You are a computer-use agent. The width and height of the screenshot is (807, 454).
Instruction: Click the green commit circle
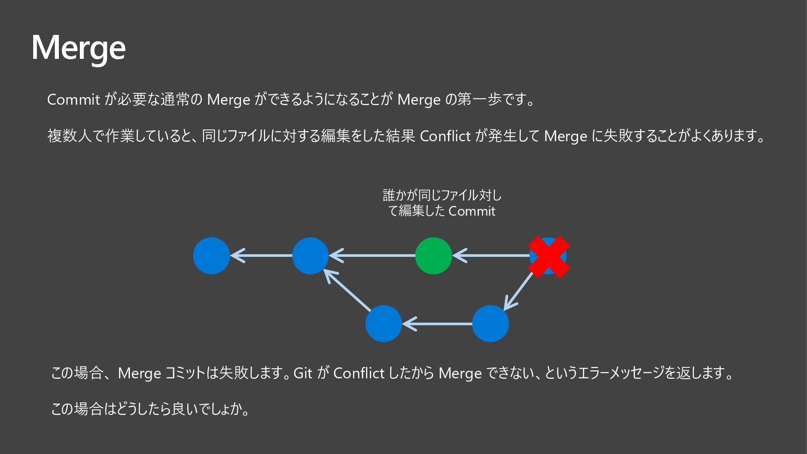tap(433, 256)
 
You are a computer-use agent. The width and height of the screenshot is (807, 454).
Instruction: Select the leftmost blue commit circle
tap(211, 256)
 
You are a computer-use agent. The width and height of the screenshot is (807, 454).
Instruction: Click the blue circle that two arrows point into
tap(310, 256)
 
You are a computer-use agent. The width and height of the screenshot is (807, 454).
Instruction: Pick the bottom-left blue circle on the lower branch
tap(384, 324)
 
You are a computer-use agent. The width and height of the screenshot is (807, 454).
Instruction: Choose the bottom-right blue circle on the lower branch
tap(491, 324)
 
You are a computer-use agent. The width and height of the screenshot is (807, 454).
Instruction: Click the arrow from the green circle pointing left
tap(372, 256)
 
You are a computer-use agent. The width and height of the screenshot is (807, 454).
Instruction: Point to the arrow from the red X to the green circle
tap(492, 256)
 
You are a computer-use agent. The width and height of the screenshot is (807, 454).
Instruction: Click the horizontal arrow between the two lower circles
tap(437, 324)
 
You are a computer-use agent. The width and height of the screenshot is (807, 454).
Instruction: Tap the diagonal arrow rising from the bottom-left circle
tap(347, 290)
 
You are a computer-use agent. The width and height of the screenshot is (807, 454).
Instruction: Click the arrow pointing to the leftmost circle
tap(261, 256)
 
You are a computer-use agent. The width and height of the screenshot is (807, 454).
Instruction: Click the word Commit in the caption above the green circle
tap(472, 211)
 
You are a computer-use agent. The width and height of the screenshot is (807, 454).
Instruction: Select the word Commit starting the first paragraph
tap(73, 100)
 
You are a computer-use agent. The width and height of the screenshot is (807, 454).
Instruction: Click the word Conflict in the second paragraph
tap(445, 136)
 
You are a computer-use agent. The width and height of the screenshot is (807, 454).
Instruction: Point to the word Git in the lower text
tap(303, 373)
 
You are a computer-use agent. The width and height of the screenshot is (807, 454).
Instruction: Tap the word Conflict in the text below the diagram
tap(359, 373)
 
